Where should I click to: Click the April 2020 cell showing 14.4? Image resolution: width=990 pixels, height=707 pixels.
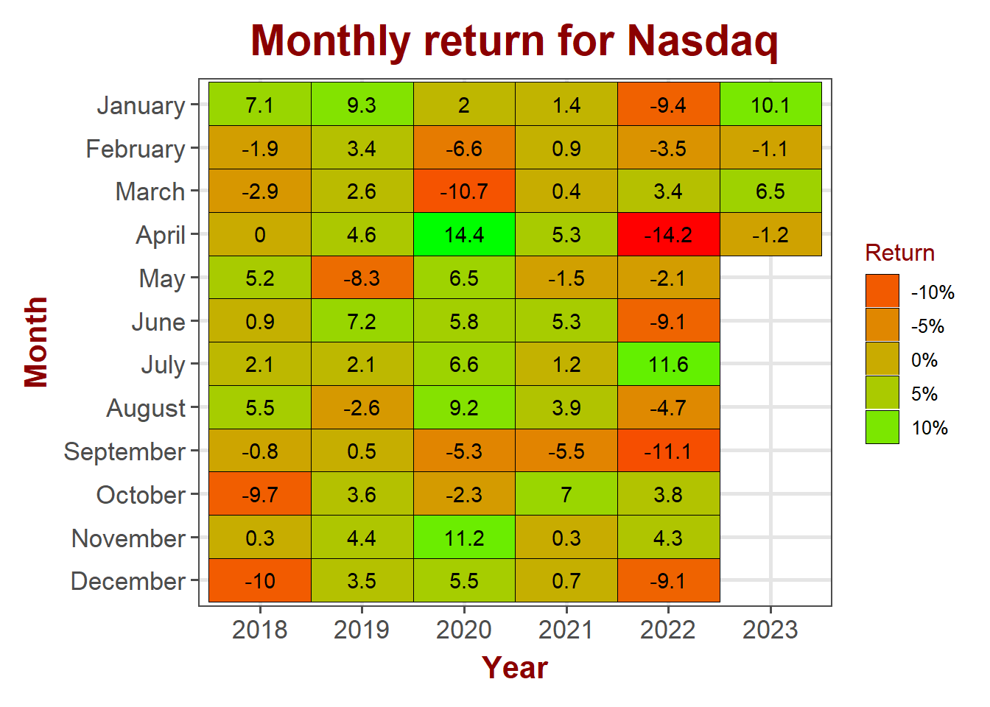click(x=464, y=234)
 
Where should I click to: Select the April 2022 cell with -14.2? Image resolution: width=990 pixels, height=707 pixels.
click(x=668, y=234)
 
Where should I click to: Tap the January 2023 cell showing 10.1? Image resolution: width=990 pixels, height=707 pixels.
click(x=770, y=104)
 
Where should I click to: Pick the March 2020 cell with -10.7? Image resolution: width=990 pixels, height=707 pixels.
click(x=464, y=191)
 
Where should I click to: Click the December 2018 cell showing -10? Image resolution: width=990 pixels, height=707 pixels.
click(x=260, y=580)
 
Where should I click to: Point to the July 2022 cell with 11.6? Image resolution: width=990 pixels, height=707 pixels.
click(x=668, y=364)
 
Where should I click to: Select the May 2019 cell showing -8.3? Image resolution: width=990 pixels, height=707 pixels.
click(x=362, y=278)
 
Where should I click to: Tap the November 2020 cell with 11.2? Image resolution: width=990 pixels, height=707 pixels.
click(x=464, y=538)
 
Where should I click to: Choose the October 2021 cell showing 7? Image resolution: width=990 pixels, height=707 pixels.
click(x=566, y=494)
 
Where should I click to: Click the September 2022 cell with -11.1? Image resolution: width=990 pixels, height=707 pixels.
click(x=668, y=451)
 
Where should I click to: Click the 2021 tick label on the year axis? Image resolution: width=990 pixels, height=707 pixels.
click(x=566, y=630)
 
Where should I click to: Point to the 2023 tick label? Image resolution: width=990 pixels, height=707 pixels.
click(x=770, y=630)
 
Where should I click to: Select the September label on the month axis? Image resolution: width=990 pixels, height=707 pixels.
click(x=124, y=452)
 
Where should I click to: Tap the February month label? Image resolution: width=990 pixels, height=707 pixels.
click(x=136, y=150)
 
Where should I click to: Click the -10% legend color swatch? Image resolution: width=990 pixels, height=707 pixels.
click(x=882, y=291)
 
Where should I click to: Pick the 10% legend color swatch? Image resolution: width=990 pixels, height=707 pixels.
click(x=882, y=427)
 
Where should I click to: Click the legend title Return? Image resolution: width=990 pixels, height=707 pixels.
click(x=900, y=253)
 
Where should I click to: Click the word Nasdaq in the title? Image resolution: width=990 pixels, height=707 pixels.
click(x=702, y=42)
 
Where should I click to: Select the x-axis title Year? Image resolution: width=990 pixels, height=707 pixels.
click(x=515, y=668)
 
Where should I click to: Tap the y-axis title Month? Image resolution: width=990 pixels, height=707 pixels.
click(x=36, y=342)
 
